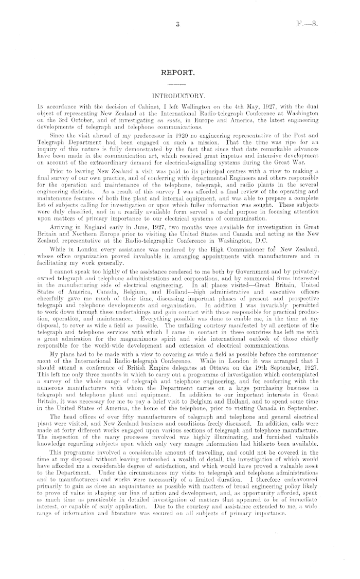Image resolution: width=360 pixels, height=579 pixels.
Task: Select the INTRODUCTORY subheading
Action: (179, 96)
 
